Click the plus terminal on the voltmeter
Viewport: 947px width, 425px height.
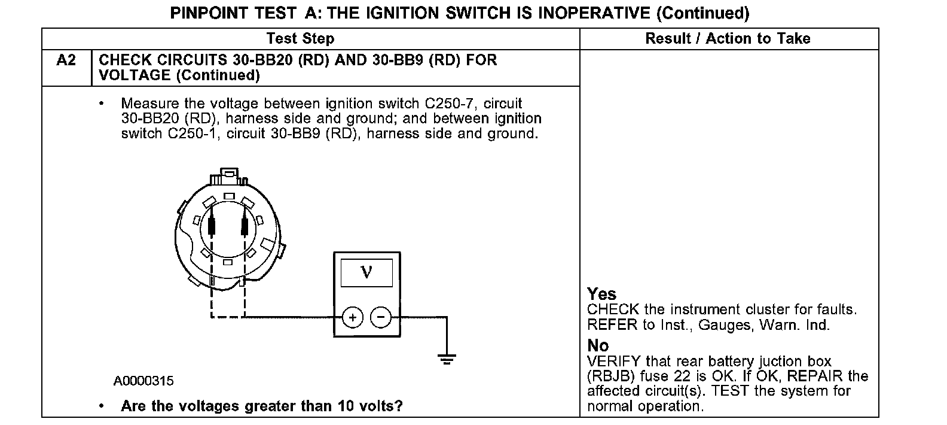click(353, 317)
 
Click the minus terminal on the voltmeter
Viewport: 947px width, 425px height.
click(381, 317)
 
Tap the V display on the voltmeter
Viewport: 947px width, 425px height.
click(366, 272)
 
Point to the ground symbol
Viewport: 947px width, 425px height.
click(446, 359)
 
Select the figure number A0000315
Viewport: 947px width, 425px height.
click(144, 381)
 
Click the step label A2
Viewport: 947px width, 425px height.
click(66, 60)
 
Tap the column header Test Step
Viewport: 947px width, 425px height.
click(300, 39)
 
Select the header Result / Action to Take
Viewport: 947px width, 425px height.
click(728, 39)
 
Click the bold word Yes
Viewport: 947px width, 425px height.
click(601, 294)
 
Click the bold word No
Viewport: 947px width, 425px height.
click(598, 345)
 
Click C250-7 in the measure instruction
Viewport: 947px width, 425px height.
click(444, 104)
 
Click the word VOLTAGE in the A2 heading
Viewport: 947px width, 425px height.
click(135, 75)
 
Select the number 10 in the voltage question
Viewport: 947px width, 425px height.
click(346, 406)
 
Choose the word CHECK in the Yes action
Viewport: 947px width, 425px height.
click(613, 309)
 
